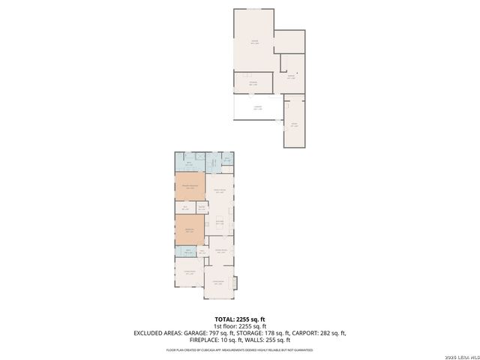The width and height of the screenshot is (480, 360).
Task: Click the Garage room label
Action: [255, 42]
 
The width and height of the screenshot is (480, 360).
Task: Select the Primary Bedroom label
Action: [189, 185]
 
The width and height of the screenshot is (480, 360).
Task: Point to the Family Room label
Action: [220, 192]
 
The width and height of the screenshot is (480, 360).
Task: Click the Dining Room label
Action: [221, 250]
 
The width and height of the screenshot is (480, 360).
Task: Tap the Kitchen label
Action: [220, 222]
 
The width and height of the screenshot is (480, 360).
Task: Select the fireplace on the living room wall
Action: [235, 283]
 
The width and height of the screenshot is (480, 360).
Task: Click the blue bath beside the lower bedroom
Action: [189, 252]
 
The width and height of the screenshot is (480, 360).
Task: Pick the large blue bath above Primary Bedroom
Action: [189, 163]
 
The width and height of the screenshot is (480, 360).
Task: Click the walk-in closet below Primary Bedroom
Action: [185, 207]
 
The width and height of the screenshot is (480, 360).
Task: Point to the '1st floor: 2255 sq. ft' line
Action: [239, 326]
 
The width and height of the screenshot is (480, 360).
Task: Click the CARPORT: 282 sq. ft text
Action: [324, 332]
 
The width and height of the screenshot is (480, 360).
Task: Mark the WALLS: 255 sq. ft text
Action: [271, 339]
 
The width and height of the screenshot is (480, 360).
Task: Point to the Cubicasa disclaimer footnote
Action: [239, 349]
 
